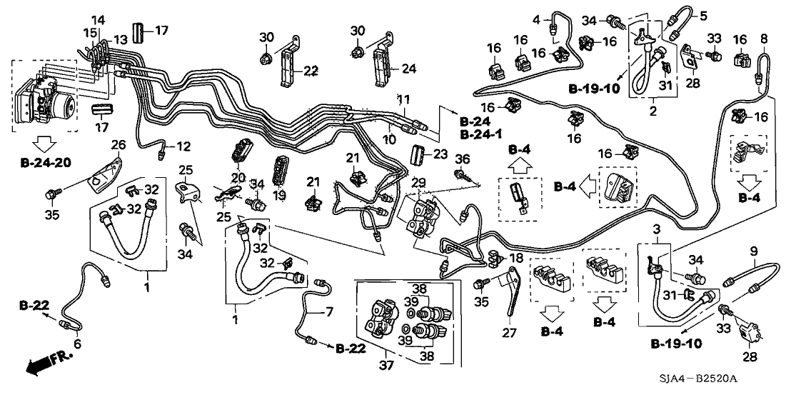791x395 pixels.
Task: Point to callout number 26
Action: pos(118,146)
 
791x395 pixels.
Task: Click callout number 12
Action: pos(184,146)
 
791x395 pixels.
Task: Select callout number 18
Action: pos(517,257)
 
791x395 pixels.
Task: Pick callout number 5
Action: pos(702,16)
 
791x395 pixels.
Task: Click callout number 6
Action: pos(77,344)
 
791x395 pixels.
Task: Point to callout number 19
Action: pos(280,195)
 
